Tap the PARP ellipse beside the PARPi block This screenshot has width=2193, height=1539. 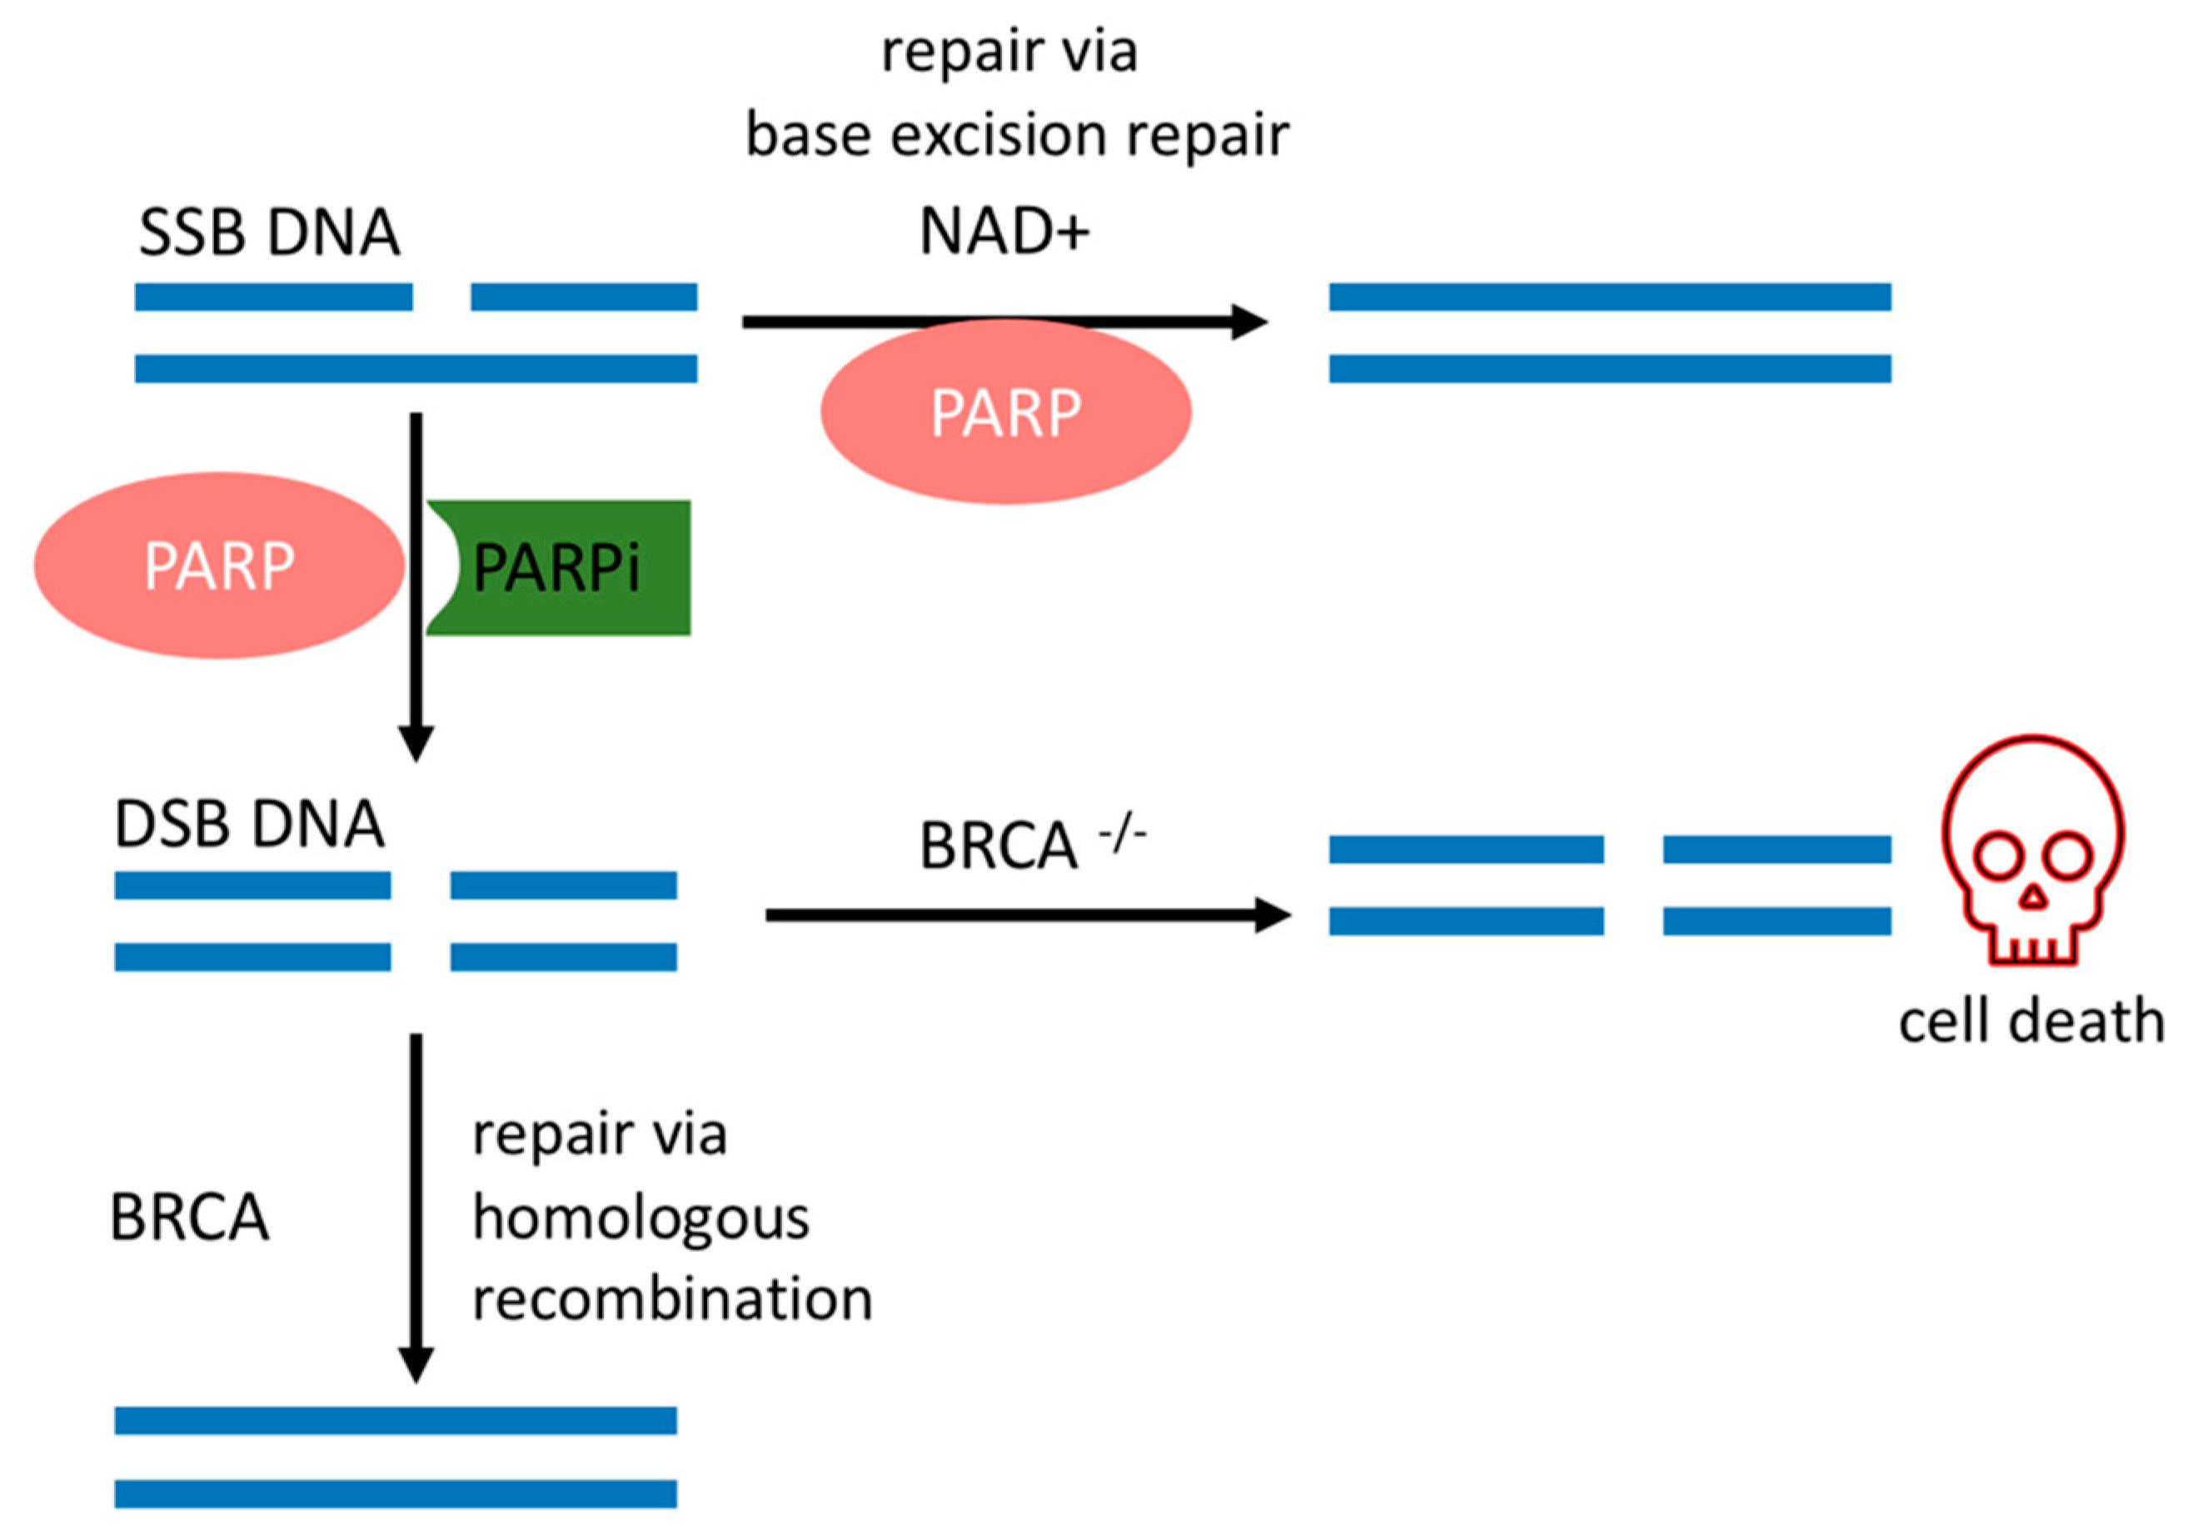point(219,565)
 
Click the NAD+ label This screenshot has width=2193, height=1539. point(1003,232)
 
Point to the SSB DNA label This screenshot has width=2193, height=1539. point(268,232)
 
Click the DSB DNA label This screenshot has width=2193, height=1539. point(249,824)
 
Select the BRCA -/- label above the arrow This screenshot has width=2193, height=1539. point(1029,844)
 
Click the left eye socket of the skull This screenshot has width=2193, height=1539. point(1997,857)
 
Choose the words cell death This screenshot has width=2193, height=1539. point(2031,1021)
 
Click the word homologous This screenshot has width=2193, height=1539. point(640,1219)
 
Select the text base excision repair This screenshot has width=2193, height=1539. point(1016,135)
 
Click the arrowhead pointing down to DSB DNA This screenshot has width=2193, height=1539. point(416,743)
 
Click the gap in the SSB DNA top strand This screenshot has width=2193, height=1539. point(441,297)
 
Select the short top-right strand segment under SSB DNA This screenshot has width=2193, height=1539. point(584,297)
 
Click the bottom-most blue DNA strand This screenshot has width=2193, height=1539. point(396,1493)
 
